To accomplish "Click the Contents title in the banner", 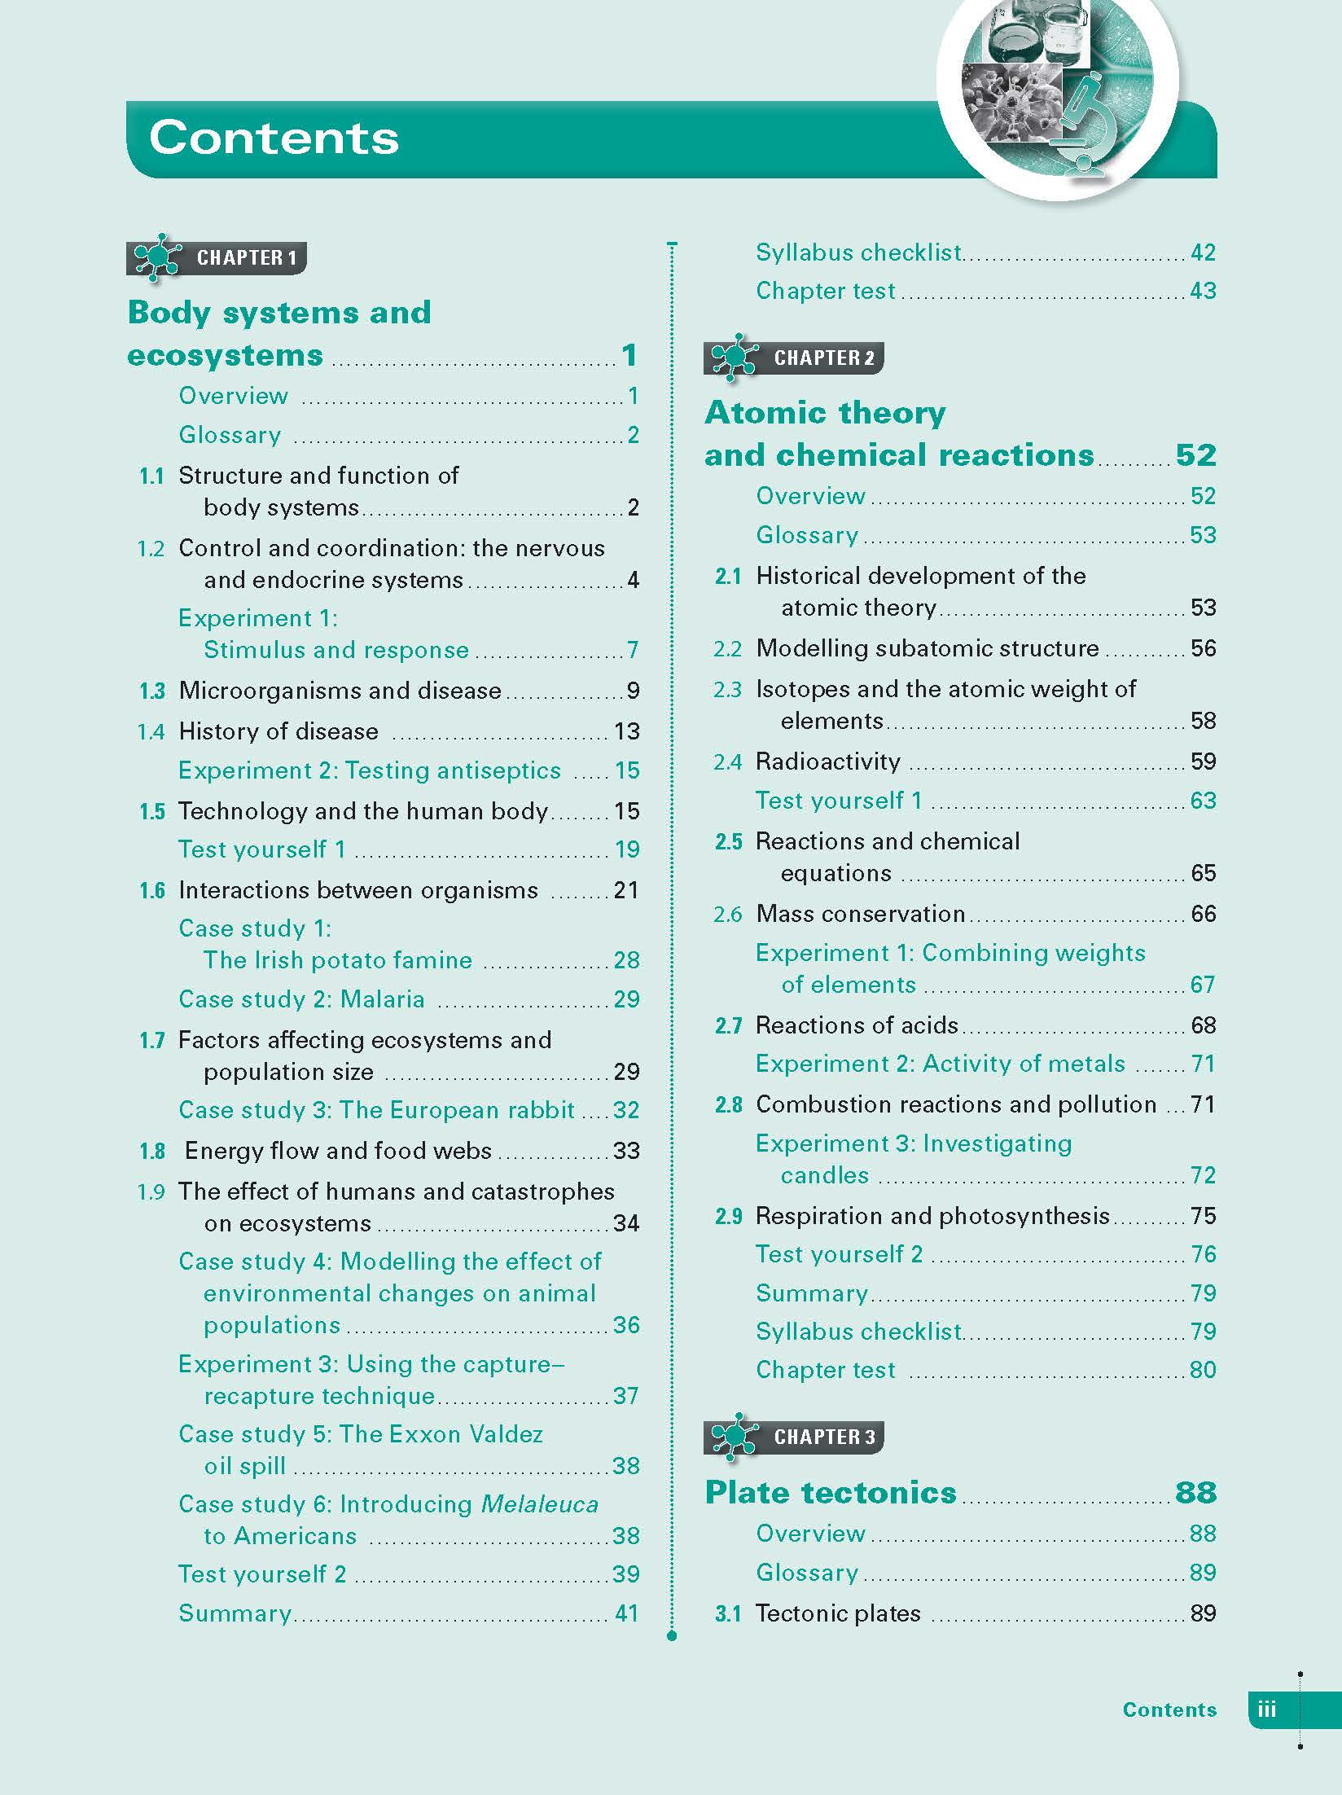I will [274, 137].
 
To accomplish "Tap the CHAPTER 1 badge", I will [217, 258].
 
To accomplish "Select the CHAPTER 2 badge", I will [794, 358].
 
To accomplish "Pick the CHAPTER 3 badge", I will [794, 1437].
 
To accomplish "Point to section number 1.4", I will [151, 732].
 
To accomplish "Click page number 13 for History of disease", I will [627, 731].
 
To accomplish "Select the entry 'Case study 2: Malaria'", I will [301, 999].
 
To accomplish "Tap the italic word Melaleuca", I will [540, 1504].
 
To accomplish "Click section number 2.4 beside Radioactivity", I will [728, 762].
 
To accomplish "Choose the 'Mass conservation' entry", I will [861, 914].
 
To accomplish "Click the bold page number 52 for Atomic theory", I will [1195, 455].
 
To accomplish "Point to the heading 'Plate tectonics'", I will [831, 1492].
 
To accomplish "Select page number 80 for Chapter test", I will [1203, 1370].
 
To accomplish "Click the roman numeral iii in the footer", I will [1266, 1709].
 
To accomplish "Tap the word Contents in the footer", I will [1169, 1709].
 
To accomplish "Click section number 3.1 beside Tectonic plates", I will [728, 1614].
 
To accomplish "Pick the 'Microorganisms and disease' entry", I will [340, 691].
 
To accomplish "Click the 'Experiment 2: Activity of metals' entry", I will [941, 1064].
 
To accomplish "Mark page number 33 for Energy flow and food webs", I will [626, 1151].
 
